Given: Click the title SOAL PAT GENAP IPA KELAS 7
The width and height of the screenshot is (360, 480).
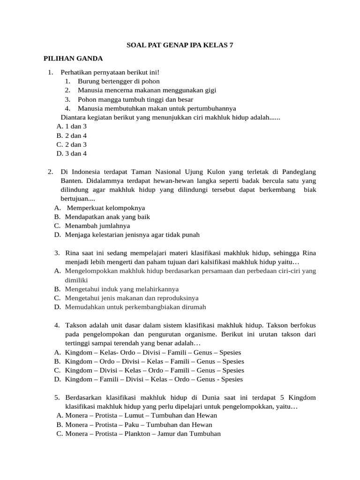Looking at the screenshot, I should coord(180,45).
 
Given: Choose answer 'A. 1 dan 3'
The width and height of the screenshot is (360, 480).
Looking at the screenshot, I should coord(71,127).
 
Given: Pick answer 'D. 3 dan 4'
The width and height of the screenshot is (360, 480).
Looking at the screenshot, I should coord(71,153).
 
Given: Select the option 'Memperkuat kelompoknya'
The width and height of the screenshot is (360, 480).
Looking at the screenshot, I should coord(106,208).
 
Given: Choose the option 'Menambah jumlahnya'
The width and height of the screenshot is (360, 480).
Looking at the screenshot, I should coord(97,225).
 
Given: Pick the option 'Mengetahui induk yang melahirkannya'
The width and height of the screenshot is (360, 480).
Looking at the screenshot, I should coord(122,289).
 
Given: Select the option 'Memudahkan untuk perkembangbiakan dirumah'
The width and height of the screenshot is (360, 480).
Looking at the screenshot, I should coord(135,307).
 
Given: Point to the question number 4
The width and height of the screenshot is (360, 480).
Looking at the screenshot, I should coord(57,325).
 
